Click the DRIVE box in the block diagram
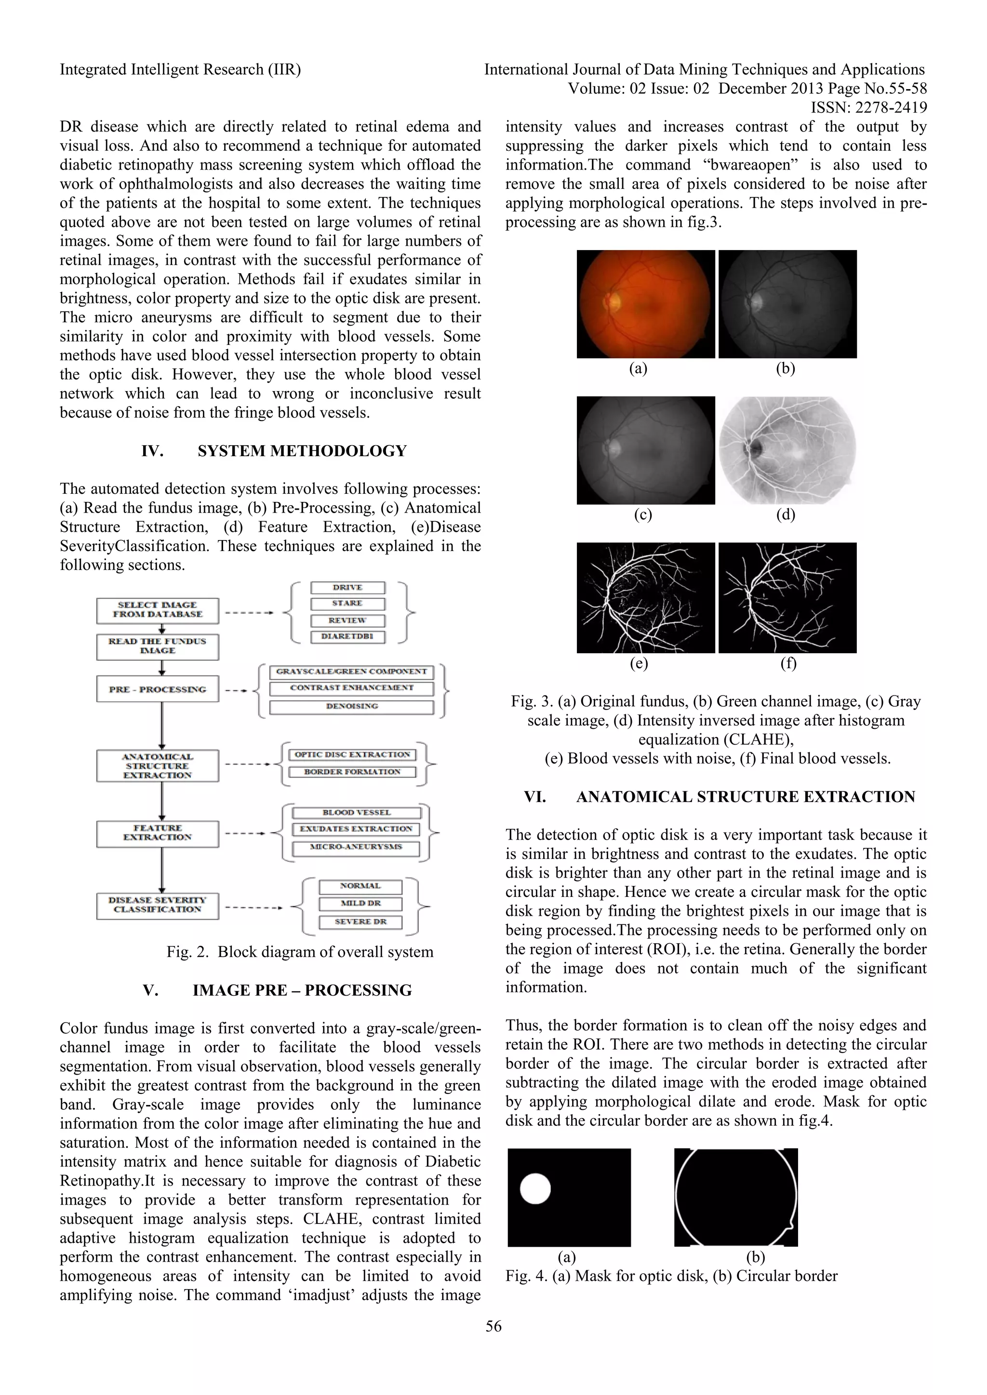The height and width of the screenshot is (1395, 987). coord(347,588)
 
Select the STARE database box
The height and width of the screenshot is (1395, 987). coord(347,603)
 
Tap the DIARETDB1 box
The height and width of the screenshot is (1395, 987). coord(347,636)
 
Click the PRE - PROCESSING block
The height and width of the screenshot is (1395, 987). coord(158,689)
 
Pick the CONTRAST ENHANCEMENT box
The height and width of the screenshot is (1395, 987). coord(352,688)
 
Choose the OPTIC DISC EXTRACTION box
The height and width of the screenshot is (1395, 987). coord(352,755)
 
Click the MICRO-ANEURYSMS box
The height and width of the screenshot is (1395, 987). coord(356,847)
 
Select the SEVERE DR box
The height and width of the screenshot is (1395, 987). coord(360,921)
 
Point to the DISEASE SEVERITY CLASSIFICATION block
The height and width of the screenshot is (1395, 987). coord(158,905)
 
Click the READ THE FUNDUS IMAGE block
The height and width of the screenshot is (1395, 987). coord(158,646)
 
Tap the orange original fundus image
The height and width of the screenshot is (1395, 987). coord(645,304)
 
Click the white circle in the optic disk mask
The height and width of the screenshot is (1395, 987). coord(535,1188)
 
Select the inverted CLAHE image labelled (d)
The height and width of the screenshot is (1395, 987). coord(787,450)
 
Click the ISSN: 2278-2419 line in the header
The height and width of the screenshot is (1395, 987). coord(868,107)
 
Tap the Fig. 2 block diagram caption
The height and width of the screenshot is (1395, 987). coord(300,952)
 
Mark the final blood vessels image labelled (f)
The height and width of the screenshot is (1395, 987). coord(787,598)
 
